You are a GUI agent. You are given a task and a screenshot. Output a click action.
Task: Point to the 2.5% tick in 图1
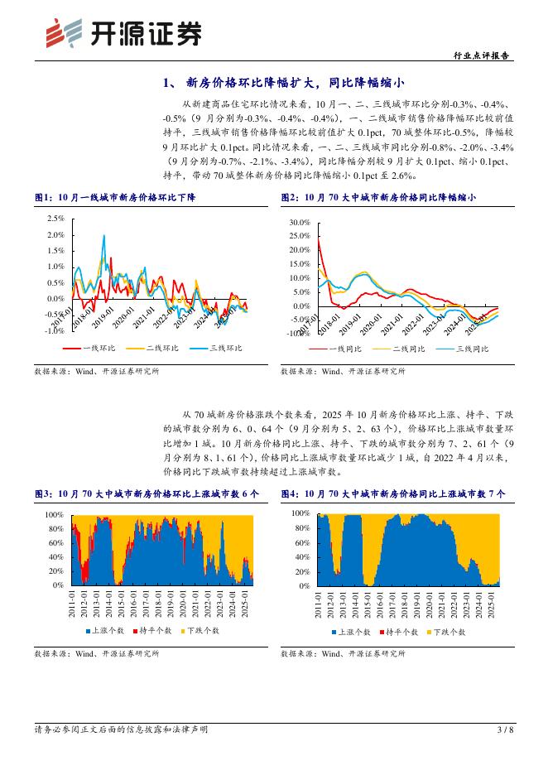pos(55,219)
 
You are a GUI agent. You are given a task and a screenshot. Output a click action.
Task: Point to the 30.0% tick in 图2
pos(298,224)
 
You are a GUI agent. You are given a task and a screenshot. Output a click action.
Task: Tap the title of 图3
pos(147,493)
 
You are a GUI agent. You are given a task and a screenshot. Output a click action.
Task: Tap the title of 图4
pos(393,493)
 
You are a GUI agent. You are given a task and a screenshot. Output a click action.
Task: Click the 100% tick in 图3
pos(54,514)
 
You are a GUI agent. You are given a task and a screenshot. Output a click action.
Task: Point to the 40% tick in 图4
pos(301,556)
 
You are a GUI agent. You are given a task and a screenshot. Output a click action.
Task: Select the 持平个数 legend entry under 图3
pos(155,631)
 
